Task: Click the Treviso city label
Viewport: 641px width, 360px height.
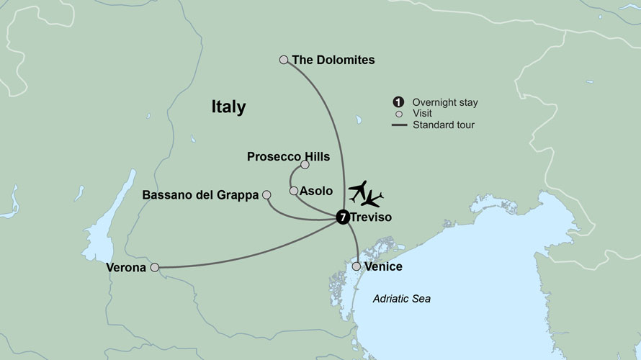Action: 371,216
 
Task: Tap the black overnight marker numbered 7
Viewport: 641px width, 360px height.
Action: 343,216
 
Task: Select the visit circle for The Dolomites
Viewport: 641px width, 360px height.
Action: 284,60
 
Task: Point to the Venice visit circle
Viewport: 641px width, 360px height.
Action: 356,266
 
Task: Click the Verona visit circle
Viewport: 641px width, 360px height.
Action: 154,267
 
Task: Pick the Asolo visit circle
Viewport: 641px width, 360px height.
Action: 293,191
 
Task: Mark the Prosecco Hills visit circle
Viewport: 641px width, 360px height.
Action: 305,165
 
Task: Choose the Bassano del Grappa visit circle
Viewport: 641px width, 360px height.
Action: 266,194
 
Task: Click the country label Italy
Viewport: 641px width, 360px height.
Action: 228,107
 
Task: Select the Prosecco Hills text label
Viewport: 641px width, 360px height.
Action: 288,156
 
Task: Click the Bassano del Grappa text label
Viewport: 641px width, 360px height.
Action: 201,194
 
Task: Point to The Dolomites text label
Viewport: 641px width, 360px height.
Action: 333,60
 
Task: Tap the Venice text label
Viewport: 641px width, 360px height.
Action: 383,267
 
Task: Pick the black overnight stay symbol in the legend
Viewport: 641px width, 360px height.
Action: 398,102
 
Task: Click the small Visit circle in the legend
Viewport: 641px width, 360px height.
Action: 398,114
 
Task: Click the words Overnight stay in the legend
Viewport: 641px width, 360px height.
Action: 445,102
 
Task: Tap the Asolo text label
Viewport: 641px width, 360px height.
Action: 316,191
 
